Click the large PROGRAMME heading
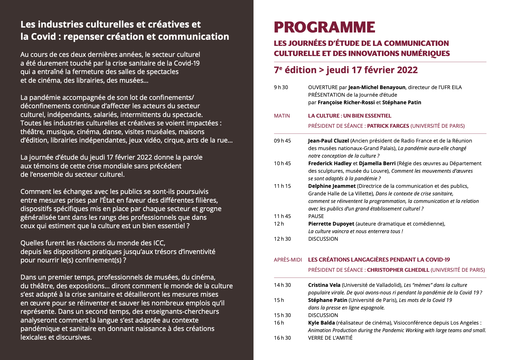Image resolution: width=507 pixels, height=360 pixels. [324, 27]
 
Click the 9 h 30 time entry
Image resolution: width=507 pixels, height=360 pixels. [281, 87]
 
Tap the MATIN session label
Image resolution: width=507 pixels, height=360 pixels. [282, 116]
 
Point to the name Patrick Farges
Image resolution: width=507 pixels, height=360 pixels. [388, 126]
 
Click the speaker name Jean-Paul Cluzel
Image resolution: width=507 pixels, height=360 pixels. [328, 141]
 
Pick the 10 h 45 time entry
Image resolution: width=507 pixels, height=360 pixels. [282, 163]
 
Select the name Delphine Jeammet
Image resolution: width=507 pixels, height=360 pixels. [332, 186]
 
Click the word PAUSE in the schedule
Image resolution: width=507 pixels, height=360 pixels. [316, 216]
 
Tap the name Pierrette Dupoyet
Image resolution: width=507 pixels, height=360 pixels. [331, 224]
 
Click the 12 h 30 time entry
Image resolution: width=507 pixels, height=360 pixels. [282, 239]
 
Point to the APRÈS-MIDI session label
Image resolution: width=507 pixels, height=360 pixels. [288, 260]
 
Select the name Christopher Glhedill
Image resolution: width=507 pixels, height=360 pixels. [398, 270]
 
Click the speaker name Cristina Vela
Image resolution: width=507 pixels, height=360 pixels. [324, 285]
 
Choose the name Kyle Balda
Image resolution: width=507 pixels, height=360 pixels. [321, 323]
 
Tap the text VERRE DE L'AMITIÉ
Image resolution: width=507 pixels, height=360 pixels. [330, 338]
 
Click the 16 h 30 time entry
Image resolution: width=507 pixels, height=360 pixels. [282, 338]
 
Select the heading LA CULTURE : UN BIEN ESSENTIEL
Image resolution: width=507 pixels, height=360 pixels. [350, 116]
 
